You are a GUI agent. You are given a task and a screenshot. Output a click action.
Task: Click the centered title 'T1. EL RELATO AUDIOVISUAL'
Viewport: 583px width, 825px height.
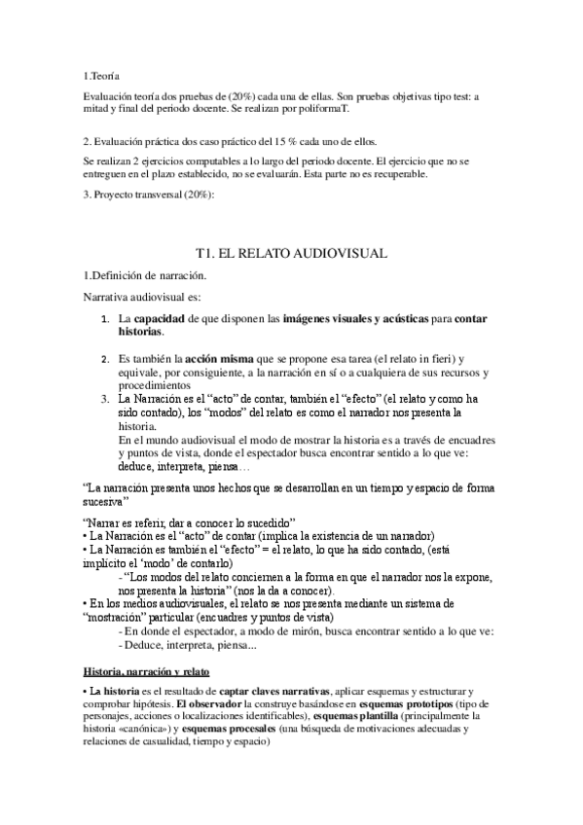click(291, 253)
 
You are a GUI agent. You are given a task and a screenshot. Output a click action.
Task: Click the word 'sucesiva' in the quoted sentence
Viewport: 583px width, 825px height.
click(103, 502)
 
